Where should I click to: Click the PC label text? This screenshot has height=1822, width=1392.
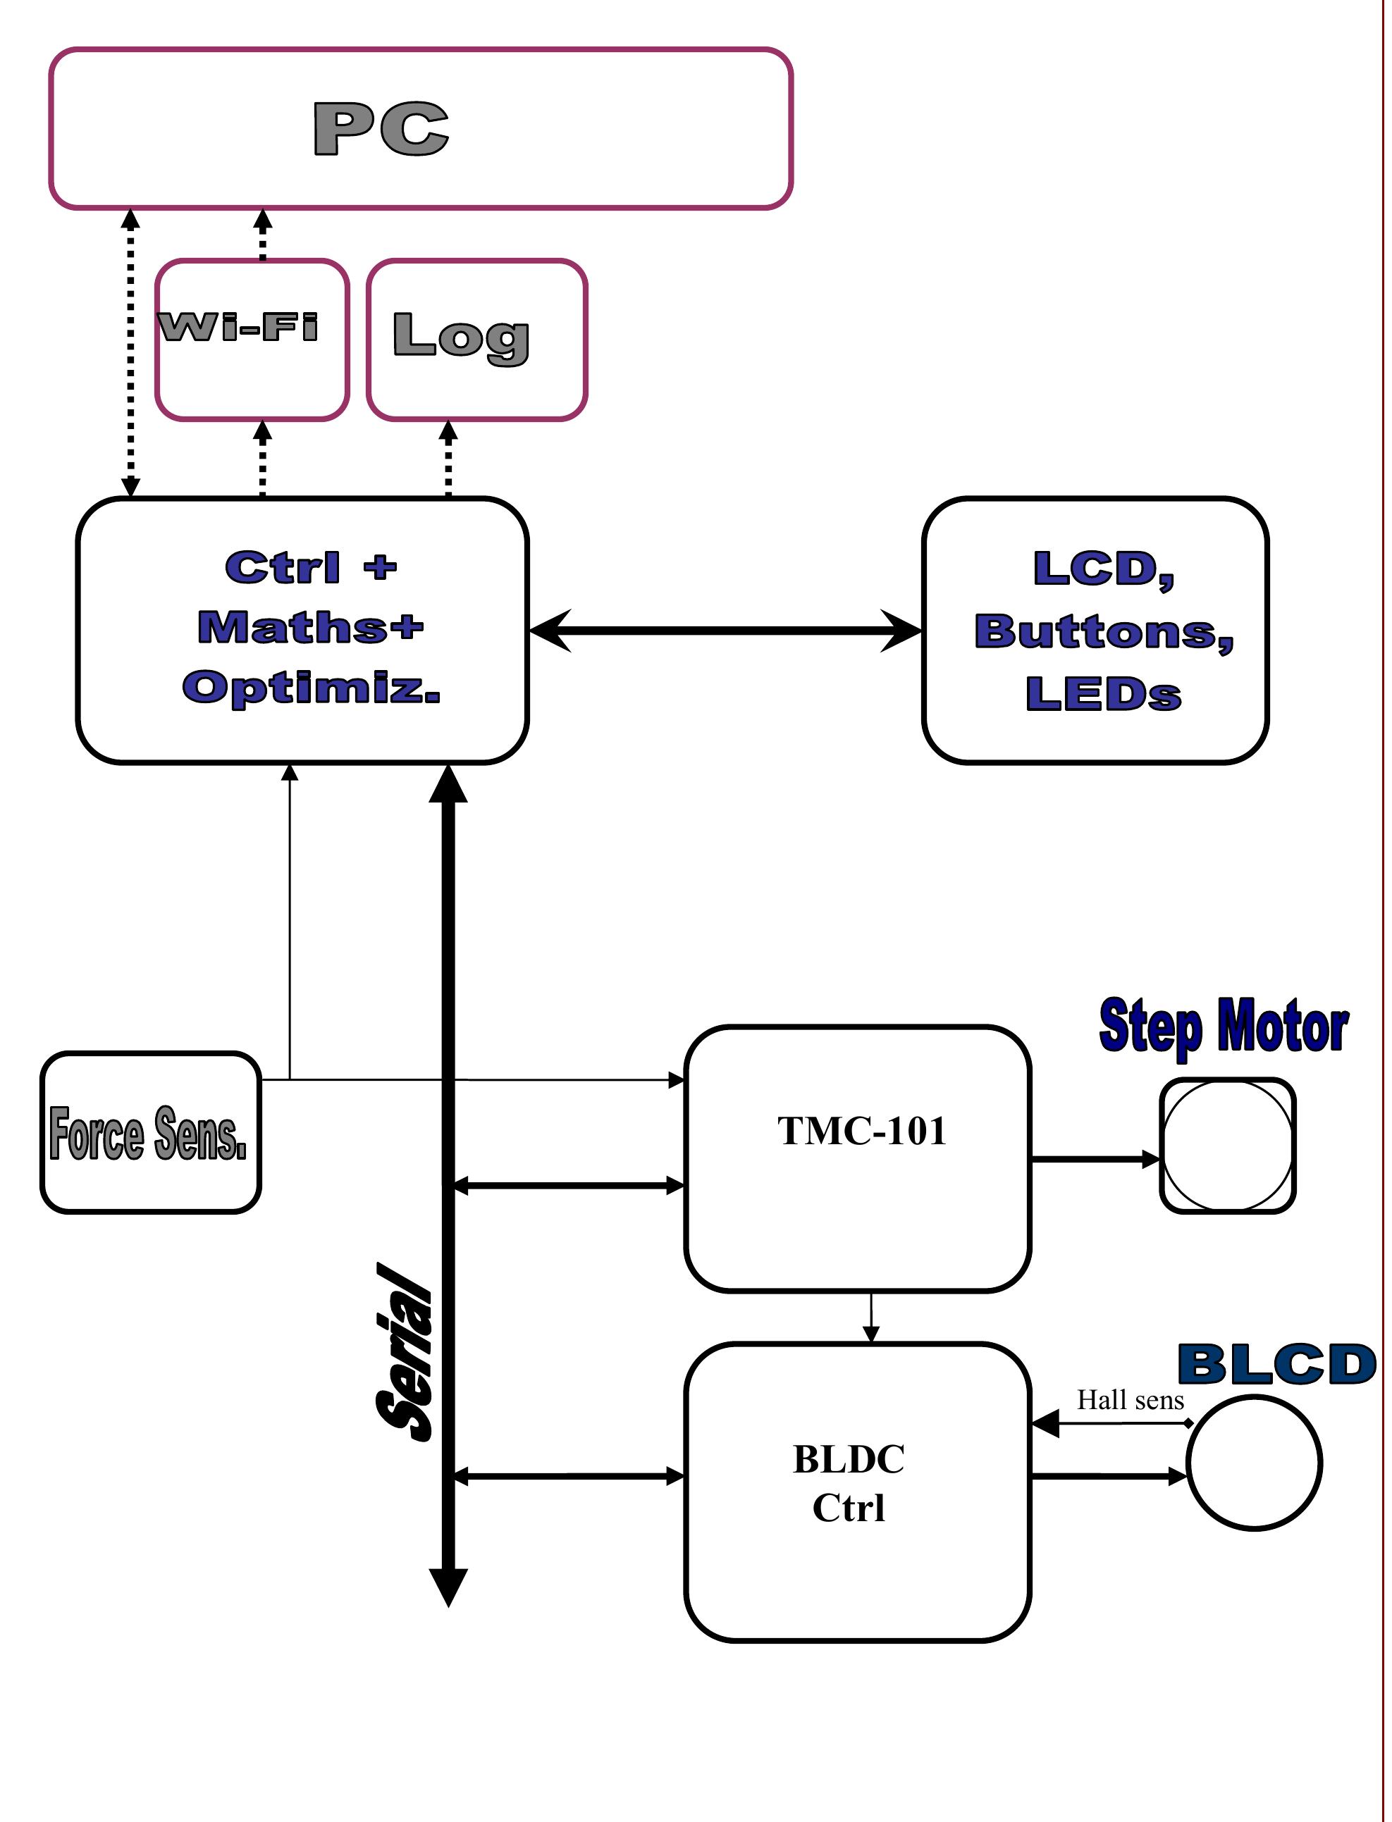381,128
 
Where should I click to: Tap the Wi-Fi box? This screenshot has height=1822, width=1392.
251,340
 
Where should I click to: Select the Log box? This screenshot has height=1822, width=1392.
476,340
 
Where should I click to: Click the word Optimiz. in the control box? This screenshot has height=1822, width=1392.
311,688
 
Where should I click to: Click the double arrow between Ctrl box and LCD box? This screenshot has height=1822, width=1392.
725,631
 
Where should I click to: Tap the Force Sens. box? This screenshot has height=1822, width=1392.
150,1132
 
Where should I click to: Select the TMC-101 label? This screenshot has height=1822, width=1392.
862,1132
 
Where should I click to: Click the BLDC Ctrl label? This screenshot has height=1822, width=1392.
849,1483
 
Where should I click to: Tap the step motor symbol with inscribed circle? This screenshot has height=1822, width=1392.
1227,1146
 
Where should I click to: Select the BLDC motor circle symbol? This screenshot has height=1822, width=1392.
1254,1463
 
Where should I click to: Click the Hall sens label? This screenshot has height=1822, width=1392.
1131,1401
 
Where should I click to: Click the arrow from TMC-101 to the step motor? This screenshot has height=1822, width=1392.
1094,1160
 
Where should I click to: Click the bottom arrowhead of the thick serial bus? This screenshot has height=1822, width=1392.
448,1586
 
